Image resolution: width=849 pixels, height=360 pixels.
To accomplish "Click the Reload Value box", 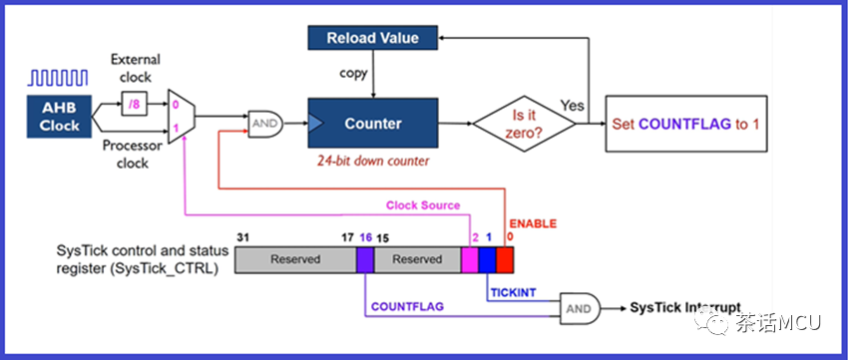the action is coord(372,37).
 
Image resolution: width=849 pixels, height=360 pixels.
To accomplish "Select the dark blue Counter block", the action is coord(372,123).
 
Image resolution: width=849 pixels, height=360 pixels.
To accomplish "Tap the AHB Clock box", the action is coord(60,117).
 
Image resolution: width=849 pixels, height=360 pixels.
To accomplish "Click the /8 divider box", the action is coord(134,105).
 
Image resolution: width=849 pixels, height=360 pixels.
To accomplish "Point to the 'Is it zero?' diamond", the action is coord(524,124).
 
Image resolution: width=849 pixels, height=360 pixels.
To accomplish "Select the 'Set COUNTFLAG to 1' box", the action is coord(685,124).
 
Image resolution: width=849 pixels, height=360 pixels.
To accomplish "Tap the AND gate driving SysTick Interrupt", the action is coord(580,308).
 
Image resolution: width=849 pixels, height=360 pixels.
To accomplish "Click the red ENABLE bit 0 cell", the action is coord(505,260).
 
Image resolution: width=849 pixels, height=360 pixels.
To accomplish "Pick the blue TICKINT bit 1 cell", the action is coord(487,260).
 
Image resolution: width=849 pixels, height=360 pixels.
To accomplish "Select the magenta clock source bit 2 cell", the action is coord(470,260).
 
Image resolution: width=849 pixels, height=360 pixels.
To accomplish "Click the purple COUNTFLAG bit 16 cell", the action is coord(365,260).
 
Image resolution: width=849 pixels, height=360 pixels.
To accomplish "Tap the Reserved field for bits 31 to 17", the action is coord(295,260).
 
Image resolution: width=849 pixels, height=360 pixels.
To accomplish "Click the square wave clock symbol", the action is coord(58,78).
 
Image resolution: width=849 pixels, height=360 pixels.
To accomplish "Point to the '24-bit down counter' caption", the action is coord(373,161).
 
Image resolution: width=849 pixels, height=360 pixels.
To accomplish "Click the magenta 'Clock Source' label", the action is coord(423,205).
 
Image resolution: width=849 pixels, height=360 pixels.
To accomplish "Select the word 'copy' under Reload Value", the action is coord(353,73).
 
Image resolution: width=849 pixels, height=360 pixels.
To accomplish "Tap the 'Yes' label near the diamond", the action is coord(573,105).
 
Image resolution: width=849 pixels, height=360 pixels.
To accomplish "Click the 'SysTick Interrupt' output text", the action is coord(685,307).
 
